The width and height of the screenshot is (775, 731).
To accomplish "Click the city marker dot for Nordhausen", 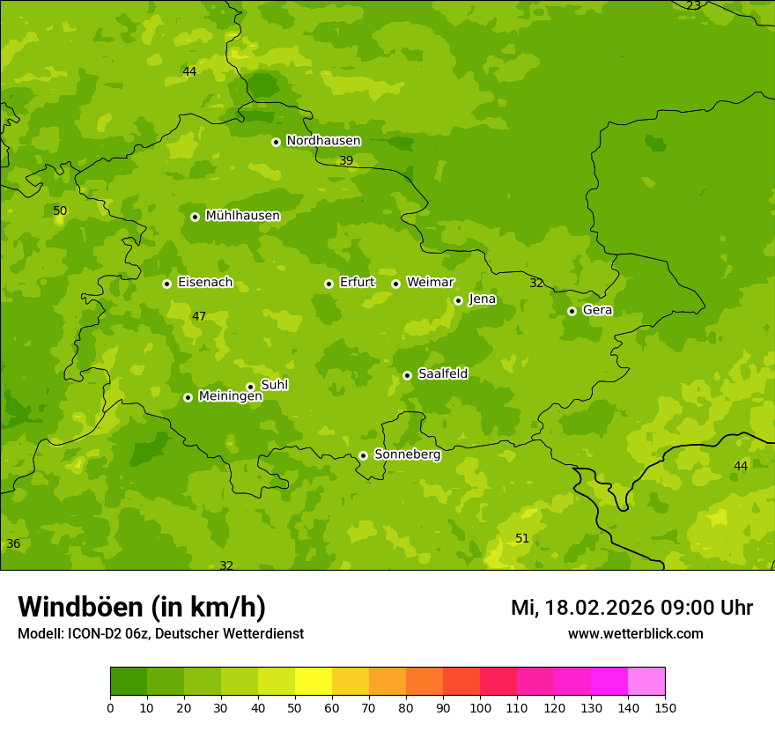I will coord(276,142).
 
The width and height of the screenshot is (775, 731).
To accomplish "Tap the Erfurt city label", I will coord(357,283).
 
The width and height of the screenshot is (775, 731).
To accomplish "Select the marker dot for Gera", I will coord(572,311).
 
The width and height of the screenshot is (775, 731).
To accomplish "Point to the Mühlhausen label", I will coord(242,216).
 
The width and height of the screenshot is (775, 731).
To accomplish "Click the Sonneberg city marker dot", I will coord(363,455).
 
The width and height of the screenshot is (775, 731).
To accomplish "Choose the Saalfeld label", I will coord(442,374).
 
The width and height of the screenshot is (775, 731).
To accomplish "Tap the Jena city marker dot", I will coord(458,300).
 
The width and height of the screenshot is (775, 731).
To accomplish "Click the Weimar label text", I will coord(430,283).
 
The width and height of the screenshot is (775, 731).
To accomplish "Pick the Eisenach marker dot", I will coord(166,284).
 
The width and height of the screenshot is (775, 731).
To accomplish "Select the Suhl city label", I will coord(274,385).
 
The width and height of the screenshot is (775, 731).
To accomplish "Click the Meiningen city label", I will coord(230,396).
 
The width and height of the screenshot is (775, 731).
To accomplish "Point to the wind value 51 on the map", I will coord(522,538).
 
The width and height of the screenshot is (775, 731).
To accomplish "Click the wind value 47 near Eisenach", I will coord(199,316).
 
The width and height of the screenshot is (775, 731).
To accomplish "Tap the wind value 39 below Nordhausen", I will coord(346,160).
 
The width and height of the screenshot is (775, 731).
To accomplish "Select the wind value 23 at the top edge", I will coord(693,6).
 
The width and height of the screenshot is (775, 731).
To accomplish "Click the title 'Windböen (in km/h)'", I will coord(142,607).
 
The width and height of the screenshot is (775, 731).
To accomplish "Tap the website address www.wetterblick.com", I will coord(635,633).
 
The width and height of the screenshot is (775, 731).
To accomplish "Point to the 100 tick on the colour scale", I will coord(480,707).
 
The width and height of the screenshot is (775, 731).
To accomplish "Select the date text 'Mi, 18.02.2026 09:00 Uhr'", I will coord(631,608).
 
